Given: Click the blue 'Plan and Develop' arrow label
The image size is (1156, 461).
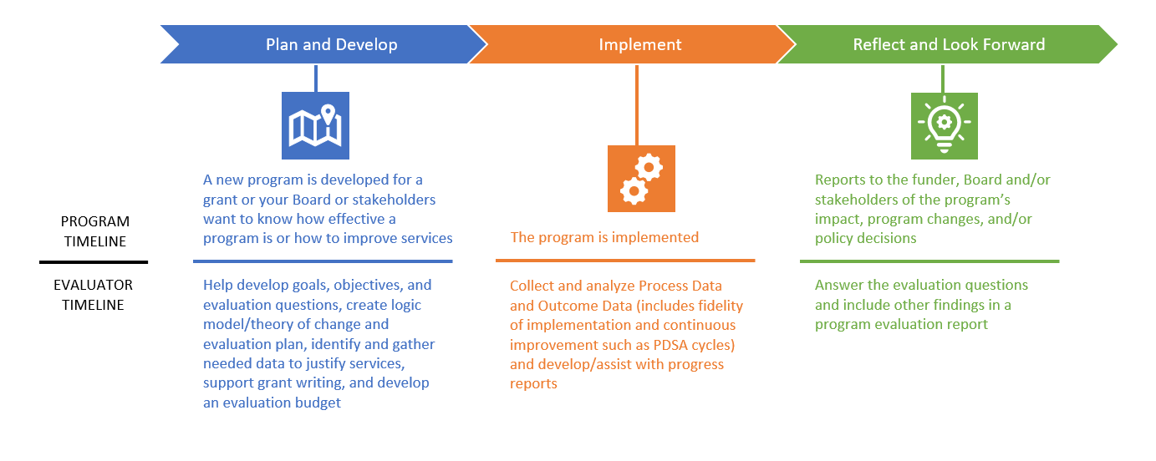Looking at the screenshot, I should pyautogui.click(x=331, y=44).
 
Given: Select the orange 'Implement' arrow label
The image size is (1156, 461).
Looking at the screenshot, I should pyautogui.click(x=639, y=44).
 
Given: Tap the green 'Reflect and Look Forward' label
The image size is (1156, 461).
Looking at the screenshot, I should pyautogui.click(x=948, y=44).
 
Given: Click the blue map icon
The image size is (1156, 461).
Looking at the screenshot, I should pyautogui.click(x=315, y=125).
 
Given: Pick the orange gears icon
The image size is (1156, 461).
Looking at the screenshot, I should pyautogui.click(x=640, y=179).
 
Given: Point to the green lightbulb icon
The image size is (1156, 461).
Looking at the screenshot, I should pyautogui.click(x=945, y=125).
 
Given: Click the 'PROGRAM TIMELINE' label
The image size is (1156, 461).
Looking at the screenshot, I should pyautogui.click(x=94, y=231).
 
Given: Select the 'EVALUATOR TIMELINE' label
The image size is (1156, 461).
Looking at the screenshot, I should pyautogui.click(x=93, y=295).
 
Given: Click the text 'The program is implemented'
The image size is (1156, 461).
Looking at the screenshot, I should pyautogui.click(x=604, y=237).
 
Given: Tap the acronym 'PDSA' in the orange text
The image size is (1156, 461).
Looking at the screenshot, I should pyautogui.click(x=690, y=345).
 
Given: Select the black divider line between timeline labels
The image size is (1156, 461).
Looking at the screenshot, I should pyautogui.click(x=94, y=262).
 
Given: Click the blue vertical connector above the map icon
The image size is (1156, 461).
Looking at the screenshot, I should pyautogui.click(x=315, y=78).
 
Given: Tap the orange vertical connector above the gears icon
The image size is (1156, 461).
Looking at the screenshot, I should pyautogui.click(x=637, y=104).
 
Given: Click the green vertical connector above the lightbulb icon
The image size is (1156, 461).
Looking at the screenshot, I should pyautogui.click(x=943, y=78).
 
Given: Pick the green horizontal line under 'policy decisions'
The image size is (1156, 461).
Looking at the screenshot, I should pyautogui.click(x=929, y=261).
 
